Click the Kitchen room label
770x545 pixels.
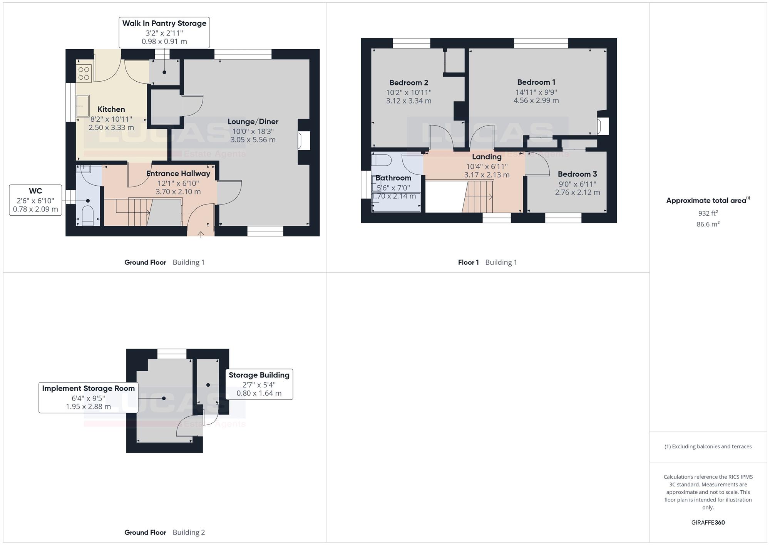click(111, 109)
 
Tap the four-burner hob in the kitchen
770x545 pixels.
click(84, 74)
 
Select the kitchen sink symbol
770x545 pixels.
click(83, 106)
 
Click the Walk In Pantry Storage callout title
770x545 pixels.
click(164, 23)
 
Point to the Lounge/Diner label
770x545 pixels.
click(253, 122)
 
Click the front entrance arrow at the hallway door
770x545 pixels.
click(201, 234)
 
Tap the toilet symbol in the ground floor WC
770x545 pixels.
click(88, 215)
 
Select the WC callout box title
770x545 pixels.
click(35, 191)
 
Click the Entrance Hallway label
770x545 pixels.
click(178, 174)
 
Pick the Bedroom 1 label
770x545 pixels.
click(536, 82)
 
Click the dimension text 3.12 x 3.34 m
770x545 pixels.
click(409, 101)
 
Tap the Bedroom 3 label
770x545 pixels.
click(577, 174)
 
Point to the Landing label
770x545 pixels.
click(487, 157)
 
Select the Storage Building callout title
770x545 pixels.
click(259, 375)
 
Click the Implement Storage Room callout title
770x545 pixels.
click(89, 389)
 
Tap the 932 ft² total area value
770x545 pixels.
click(708, 213)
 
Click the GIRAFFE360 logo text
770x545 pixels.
click(708, 523)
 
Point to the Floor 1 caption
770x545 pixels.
click(469, 263)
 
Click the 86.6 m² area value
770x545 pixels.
click(708, 224)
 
